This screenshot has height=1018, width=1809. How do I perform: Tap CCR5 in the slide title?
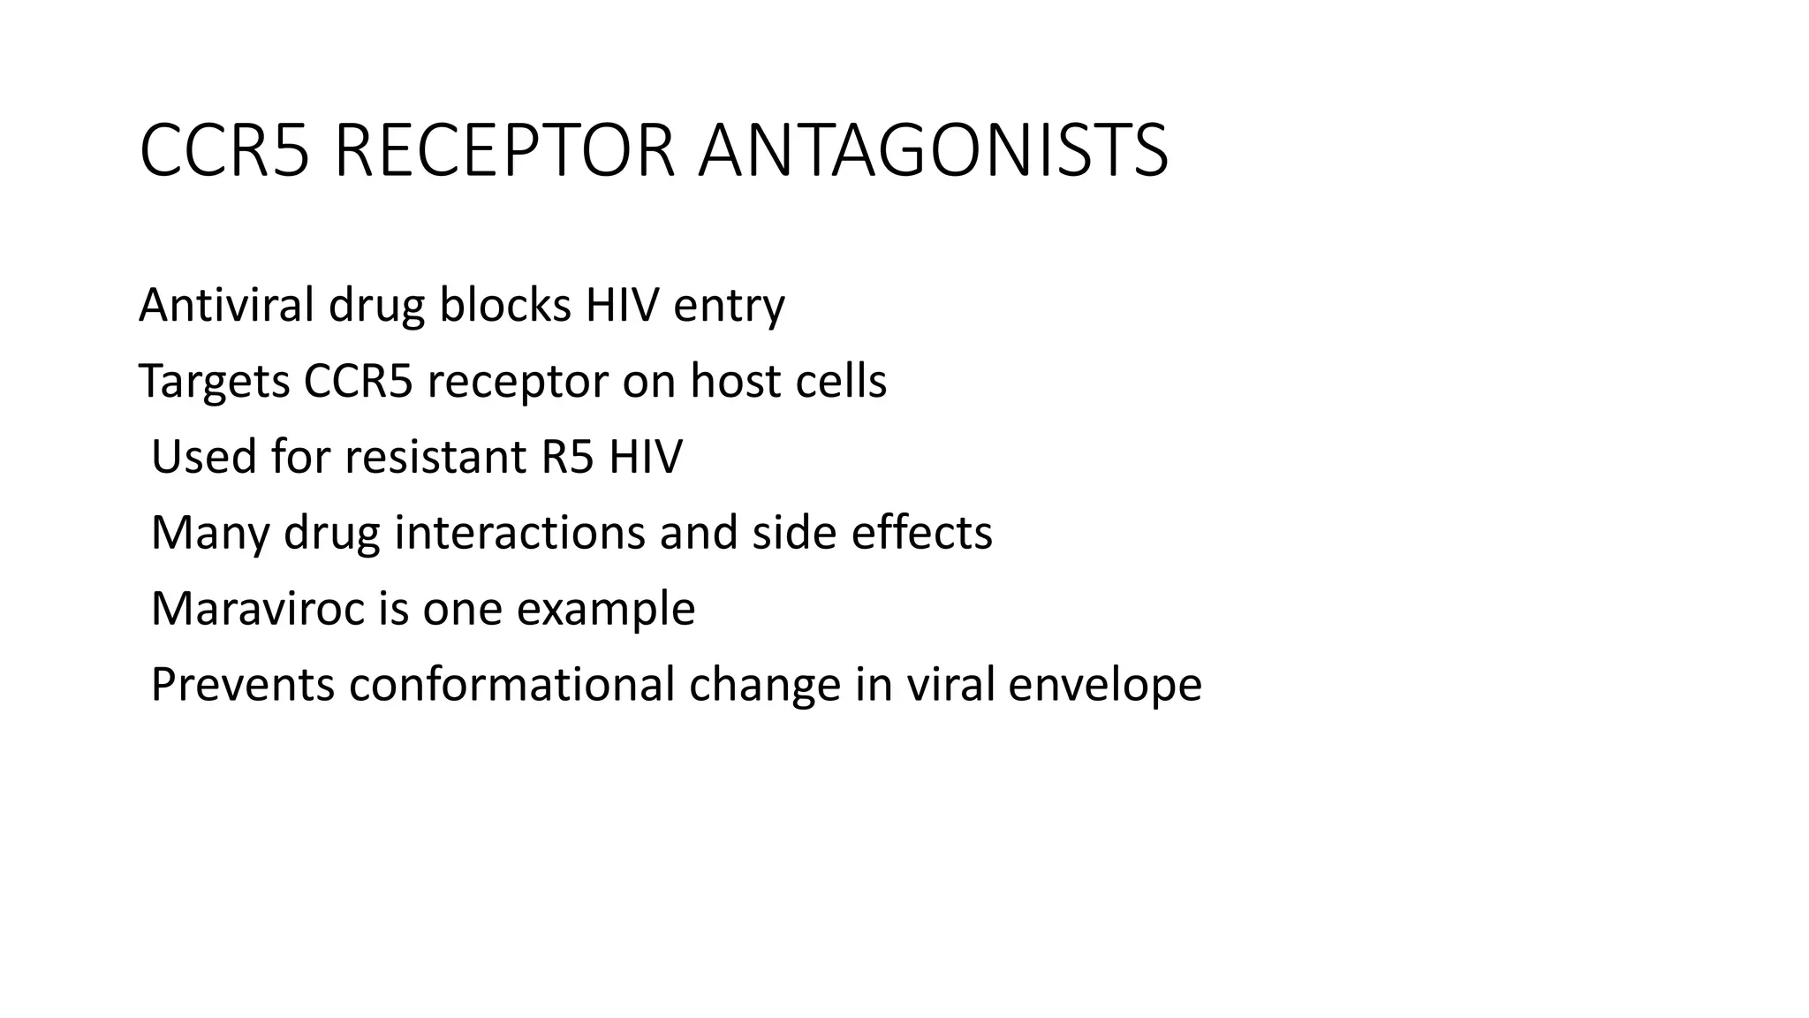(224, 151)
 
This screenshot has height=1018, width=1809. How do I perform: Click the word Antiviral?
(226, 305)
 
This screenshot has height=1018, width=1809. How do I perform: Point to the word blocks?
(505, 305)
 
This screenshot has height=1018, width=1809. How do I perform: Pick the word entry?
(729, 307)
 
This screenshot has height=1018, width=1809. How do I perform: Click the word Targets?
(215, 383)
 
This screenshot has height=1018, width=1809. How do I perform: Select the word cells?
(841, 381)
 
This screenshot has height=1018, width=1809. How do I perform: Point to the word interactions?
(519, 533)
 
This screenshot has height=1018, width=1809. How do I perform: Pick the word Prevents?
(243, 685)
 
